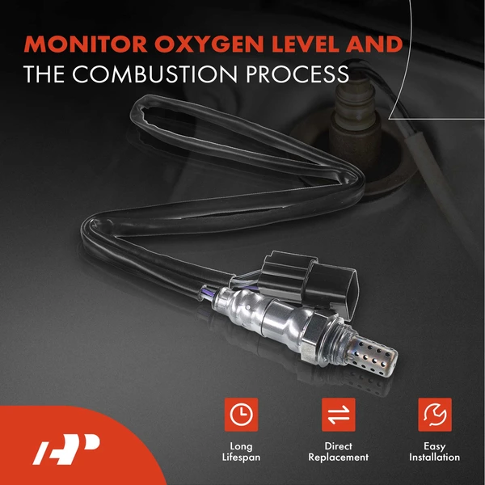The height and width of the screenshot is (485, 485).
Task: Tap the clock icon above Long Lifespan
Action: pos(240,415)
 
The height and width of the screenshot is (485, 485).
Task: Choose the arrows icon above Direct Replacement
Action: pos(339,415)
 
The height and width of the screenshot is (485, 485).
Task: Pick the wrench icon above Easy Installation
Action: pos(435,415)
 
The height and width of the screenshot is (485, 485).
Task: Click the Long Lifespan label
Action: pos(240,451)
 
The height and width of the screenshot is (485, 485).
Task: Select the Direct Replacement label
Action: pos(339,451)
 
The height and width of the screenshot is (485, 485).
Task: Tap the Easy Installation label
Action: pos(435,451)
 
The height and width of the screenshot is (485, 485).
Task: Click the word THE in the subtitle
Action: pos(44,74)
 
